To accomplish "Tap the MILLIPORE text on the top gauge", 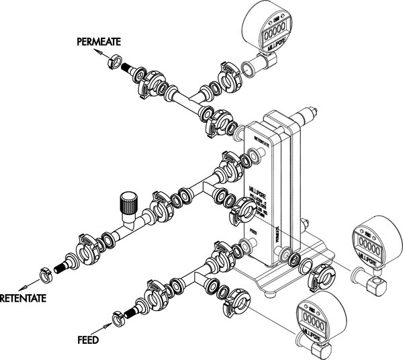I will pyautogui.click(x=275, y=48).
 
